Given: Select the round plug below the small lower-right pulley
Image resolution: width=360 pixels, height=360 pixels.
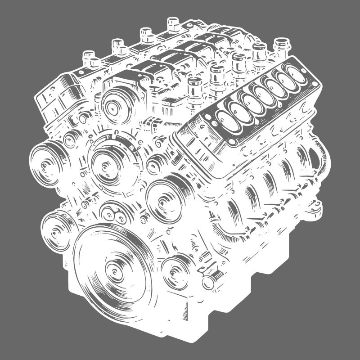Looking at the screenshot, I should click(208, 283).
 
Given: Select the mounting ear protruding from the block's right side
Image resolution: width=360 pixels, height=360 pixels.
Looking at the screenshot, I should click(315, 207).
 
